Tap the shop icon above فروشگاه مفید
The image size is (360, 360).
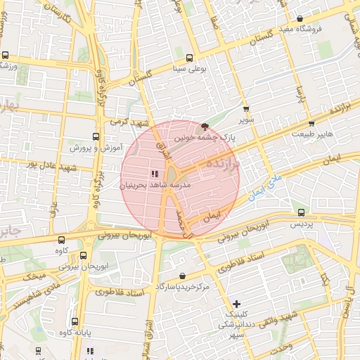[x=300, y=19]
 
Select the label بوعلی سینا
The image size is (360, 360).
[x=189, y=70]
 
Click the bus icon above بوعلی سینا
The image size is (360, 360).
[x=189, y=59]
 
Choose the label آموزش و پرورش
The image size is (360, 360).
[x=96, y=148]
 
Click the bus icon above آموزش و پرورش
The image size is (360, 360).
[x=96, y=137]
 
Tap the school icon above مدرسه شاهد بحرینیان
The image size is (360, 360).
[x=154, y=174]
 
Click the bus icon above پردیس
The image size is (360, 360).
[x=302, y=212]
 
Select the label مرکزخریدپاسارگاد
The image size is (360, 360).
[x=183, y=287]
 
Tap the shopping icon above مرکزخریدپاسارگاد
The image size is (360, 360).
[x=183, y=276]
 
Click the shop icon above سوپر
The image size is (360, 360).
[x=245, y=110]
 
